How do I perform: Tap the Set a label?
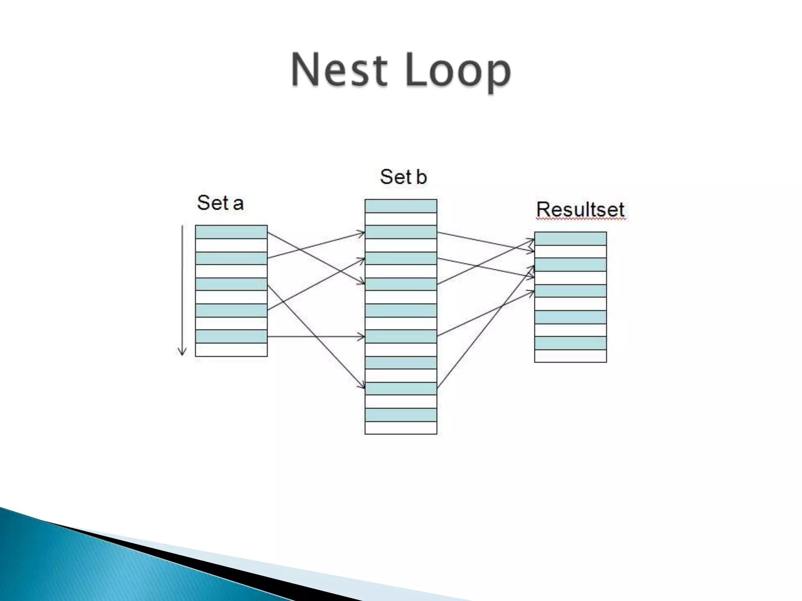click(220, 203)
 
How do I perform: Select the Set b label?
click(403, 177)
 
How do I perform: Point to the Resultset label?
click(580, 209)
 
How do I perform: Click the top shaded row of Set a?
click(231, 232)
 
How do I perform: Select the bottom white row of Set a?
click(231, 350)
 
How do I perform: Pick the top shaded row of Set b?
click(401, 206)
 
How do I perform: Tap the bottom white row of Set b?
click(401, 428)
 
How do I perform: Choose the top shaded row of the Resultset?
click(570, 239)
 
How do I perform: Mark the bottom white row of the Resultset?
click(570, 356)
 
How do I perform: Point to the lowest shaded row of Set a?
click(231, 336)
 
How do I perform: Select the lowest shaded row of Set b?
click(401, 415)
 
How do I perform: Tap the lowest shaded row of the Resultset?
click(570, 343)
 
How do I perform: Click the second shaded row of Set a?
click(231, 258)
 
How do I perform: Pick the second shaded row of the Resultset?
click(570, 265)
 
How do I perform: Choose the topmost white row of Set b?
click(401, 219)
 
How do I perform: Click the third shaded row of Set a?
click(231, 284)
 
